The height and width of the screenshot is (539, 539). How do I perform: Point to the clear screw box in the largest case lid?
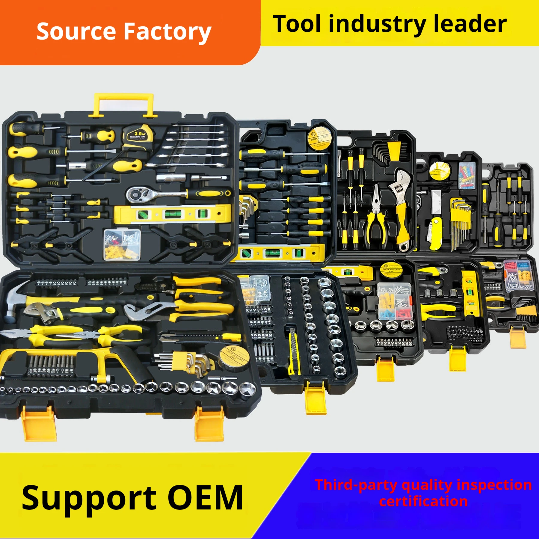point(122,244)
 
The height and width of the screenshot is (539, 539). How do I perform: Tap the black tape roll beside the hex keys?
point(234,358)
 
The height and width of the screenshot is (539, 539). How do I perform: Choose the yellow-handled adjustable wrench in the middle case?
point(401,207)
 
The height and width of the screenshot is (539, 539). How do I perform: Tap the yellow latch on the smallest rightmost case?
point(518,337)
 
